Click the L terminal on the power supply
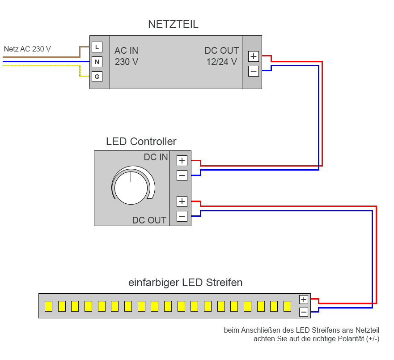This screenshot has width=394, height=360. tap(97, 47)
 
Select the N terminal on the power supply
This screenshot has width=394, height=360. tap(97, 62)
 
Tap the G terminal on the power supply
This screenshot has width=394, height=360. tap(97, 77)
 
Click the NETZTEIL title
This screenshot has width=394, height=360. tap(173, 25)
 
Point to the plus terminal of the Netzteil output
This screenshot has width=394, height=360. tap(254, 56)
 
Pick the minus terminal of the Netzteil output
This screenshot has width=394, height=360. tap(254, 71)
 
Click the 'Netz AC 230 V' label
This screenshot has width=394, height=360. tap(27, 49)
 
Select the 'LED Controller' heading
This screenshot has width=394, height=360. tap(141, 141)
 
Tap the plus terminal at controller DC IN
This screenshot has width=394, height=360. tap(182, 161)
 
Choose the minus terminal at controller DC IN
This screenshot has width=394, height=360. tap(182, 176)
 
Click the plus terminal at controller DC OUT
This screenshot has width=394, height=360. tap(182, 201)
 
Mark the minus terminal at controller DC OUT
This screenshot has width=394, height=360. tap(182, 216)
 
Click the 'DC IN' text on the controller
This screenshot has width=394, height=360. tap(156, 157)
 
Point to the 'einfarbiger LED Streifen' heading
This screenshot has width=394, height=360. tap(186, 283)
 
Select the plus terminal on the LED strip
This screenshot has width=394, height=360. tap(304, 300)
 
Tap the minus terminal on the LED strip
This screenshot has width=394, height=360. tap(304, 312)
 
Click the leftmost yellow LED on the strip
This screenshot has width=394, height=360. tap(48, 306)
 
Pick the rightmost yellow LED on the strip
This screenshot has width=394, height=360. tap(287, 306)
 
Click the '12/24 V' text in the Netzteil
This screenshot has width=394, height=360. tap(221, 62)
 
